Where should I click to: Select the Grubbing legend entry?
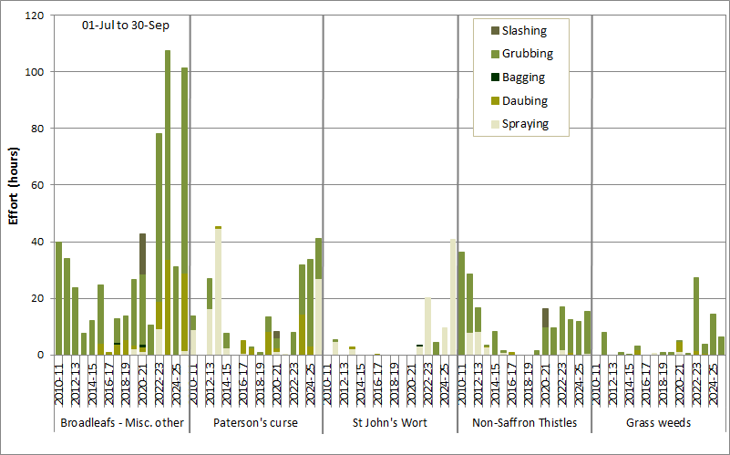[527, 54]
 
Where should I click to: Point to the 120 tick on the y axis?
[36, 16]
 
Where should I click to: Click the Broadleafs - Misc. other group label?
[122, 422]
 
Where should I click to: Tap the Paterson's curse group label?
[255, 422]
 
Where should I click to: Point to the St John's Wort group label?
[389, 422]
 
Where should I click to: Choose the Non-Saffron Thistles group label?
[524, 422]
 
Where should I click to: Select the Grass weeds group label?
[657, 422]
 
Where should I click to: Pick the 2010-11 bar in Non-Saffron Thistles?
[462, 303]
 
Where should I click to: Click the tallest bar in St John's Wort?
[453, 296]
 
